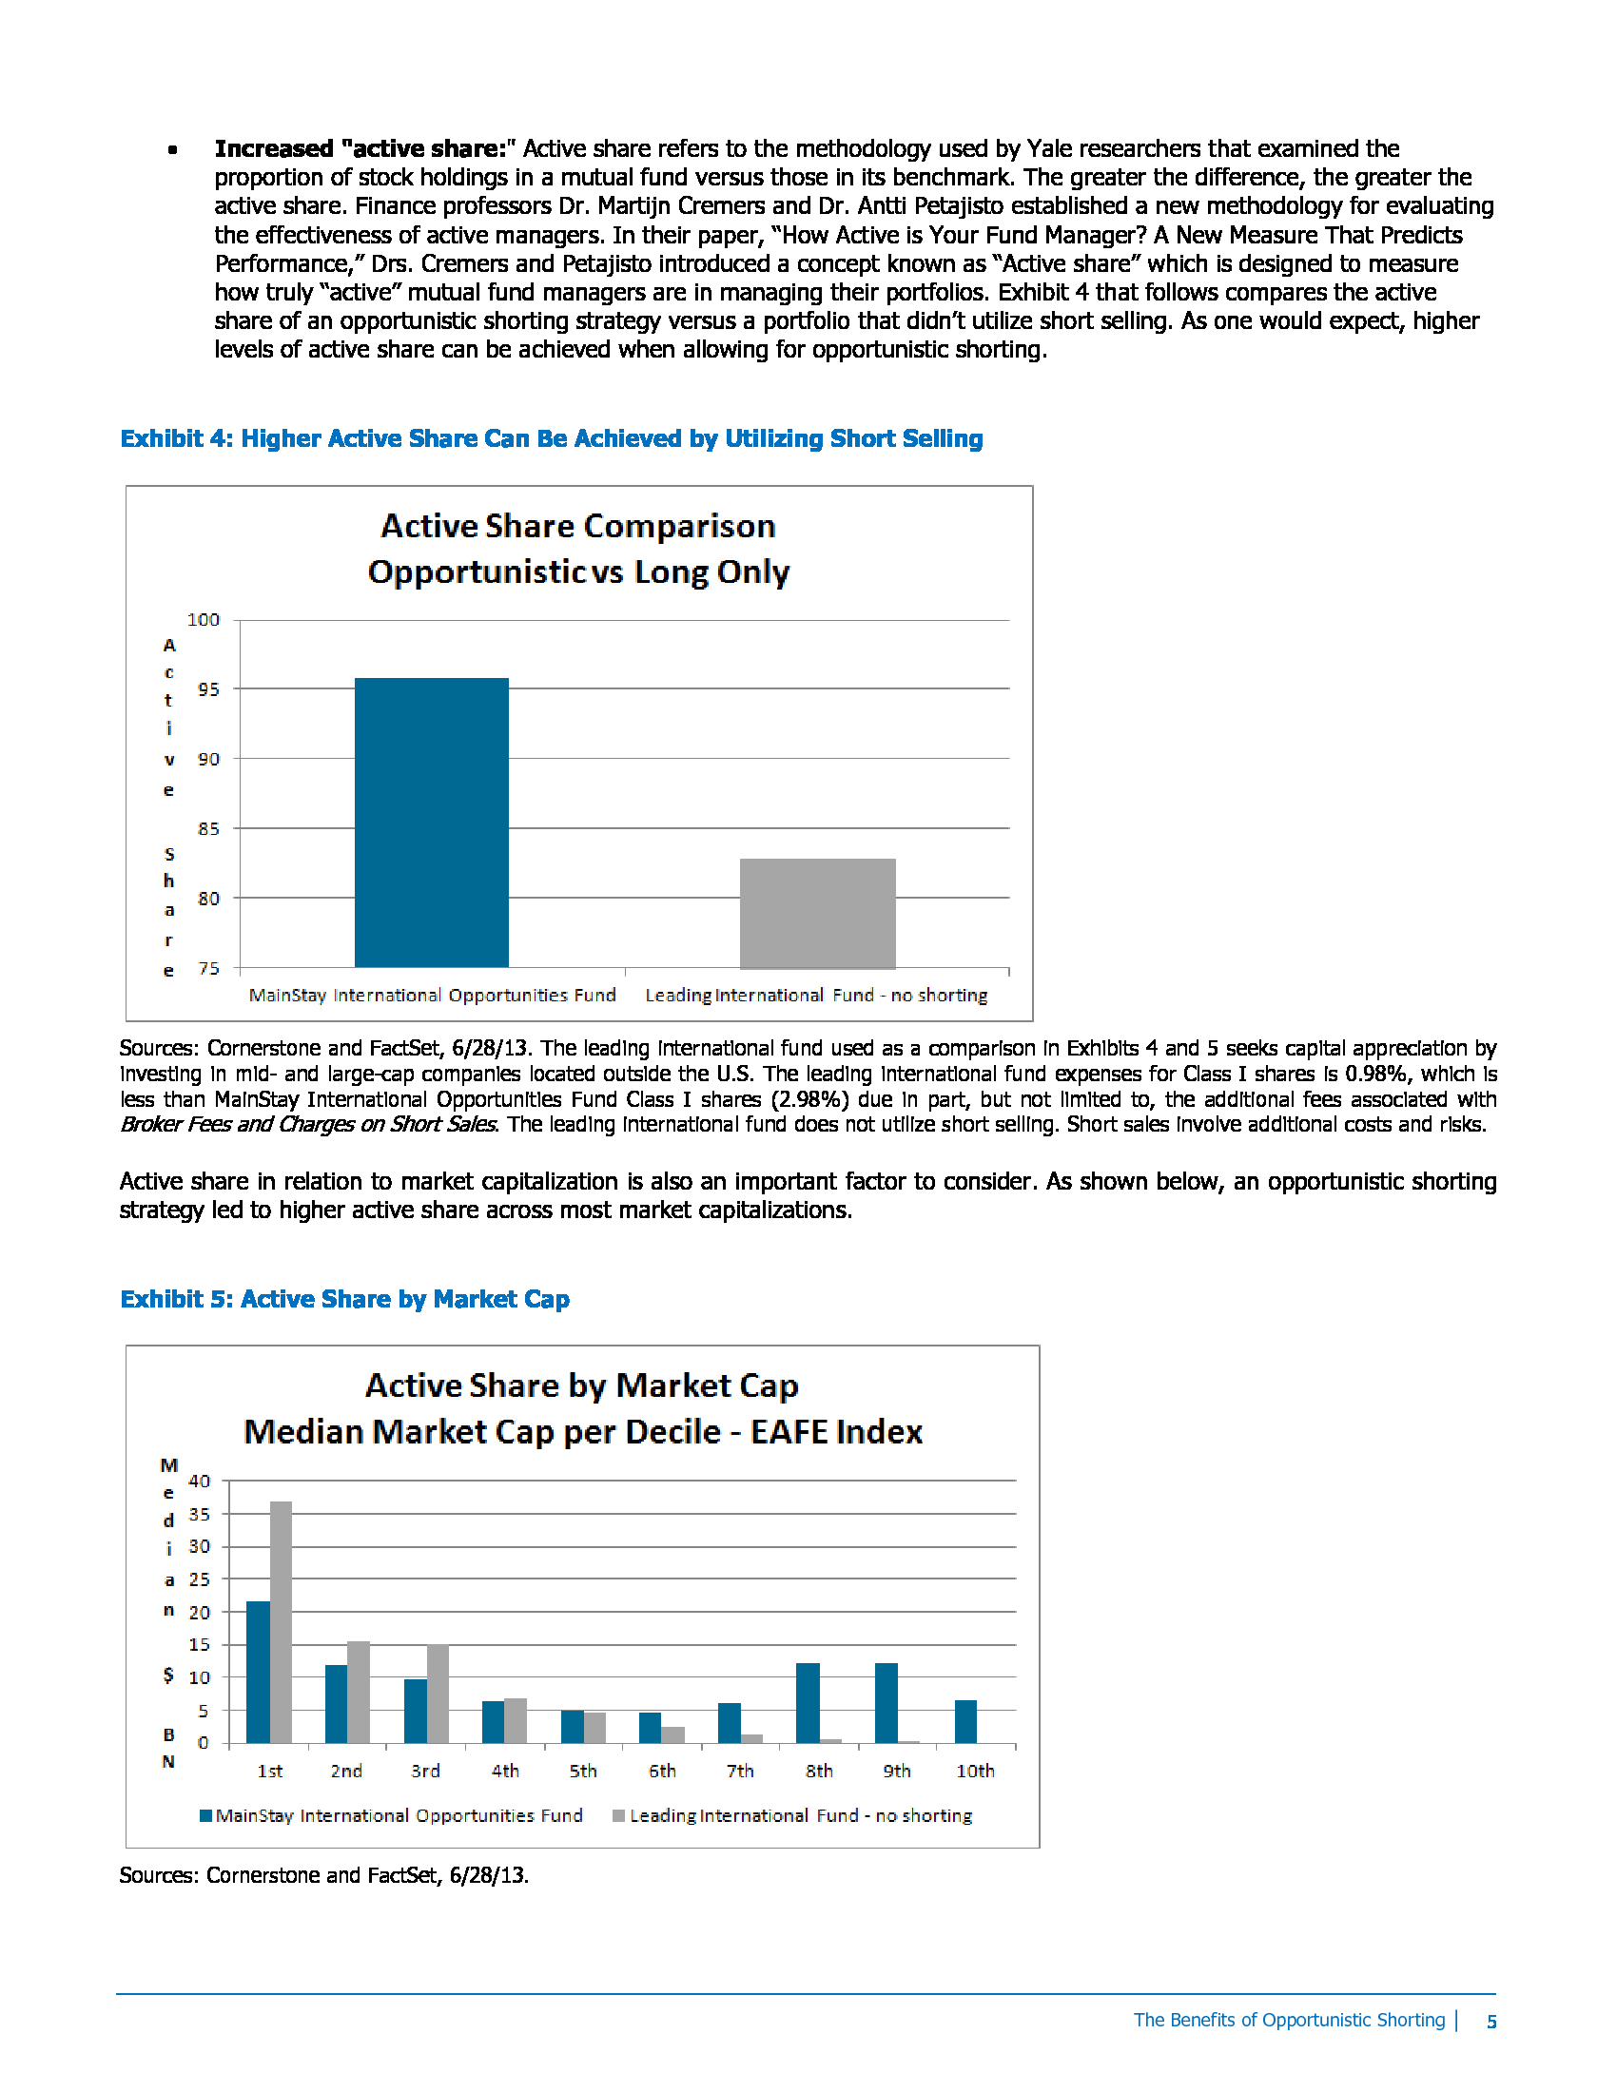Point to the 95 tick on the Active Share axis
(x=208, y=689)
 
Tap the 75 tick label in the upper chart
(x=208, y=968)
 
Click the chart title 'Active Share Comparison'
(x=577, y=526)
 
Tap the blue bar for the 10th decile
(x=965, y=1721)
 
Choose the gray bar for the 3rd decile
(x=438, y=1694)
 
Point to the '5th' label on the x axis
(x=582, y=1772)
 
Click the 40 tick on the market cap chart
(x=199, y=1481)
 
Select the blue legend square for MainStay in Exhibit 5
(x=206, y=1815)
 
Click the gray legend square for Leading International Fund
(x=619, y=1815)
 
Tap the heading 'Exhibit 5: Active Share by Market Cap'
(x=345, y=1299)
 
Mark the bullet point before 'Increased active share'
(x=172, y=149)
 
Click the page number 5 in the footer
(x=1491, y=2021)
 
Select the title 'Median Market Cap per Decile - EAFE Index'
(x=582, y=1432)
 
